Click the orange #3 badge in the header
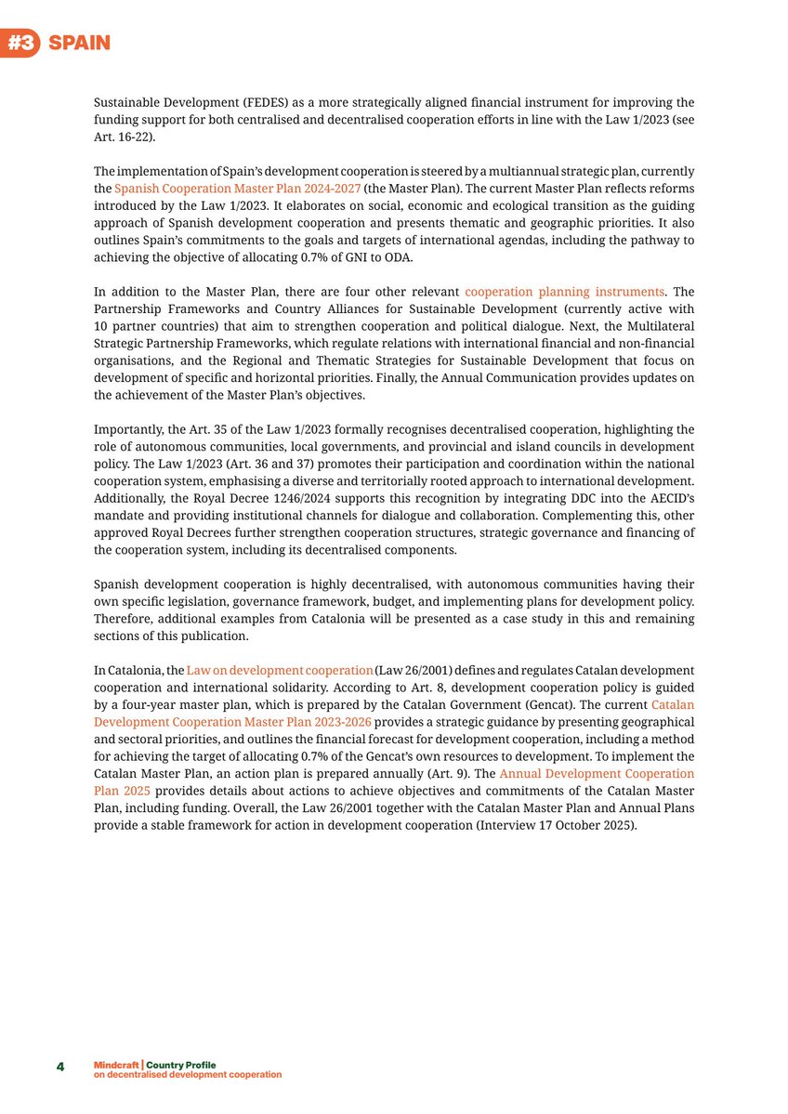tap(20, 44)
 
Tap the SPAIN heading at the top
tap(79, 44)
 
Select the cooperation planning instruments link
tap(564, 292)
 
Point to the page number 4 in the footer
tap(60, 1067)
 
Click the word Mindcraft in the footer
tap(110, 1063)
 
